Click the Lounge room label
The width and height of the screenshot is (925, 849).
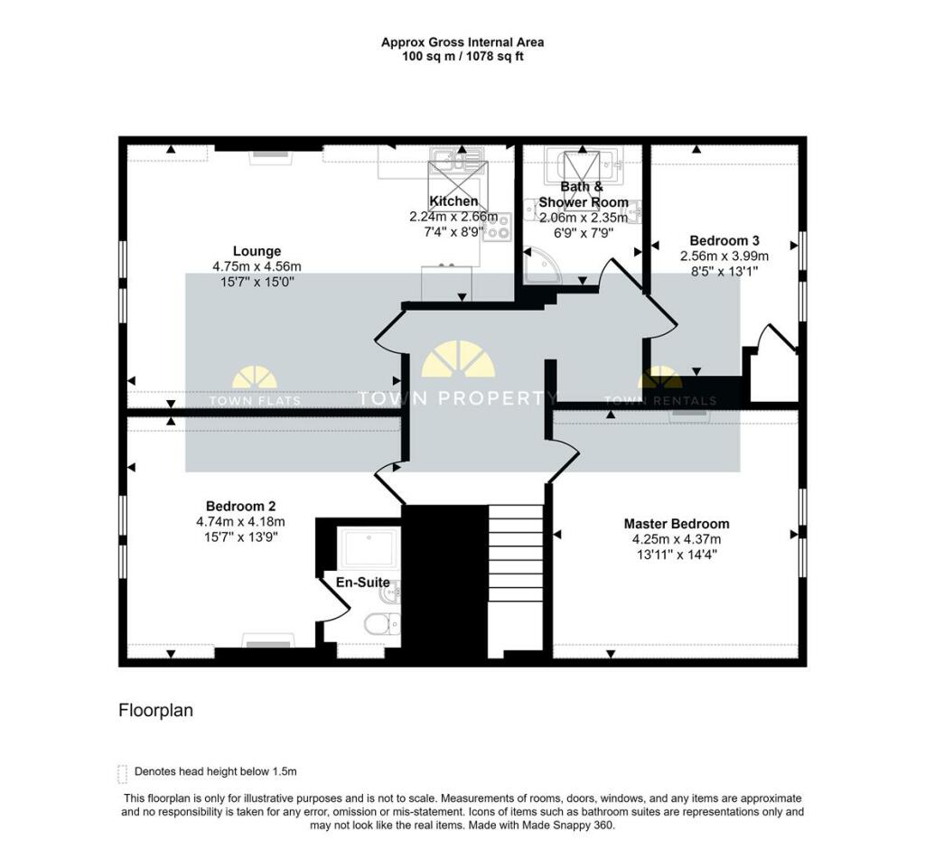(x=257, y=251)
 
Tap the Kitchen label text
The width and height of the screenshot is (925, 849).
(x=453, y=201)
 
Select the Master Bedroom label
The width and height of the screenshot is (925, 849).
(x=677, y=524)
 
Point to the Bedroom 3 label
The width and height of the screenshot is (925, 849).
(x=724, y=241)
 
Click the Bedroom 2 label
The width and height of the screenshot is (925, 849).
(x=240, y=506)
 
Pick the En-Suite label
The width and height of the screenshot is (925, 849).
(x=363, y=583)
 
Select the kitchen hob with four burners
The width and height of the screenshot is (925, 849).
(x=497, y=227)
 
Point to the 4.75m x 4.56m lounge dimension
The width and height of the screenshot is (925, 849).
(x=257, y=266)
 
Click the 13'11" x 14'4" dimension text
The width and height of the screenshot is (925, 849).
(x=677, y=555)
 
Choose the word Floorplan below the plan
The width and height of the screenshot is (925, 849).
(x=155, y=710)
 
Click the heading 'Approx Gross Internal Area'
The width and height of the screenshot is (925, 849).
(x=462, y=42)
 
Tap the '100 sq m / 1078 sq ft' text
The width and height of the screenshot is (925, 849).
(x=462, y=57)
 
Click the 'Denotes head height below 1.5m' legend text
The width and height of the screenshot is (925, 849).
(x=215, y=771)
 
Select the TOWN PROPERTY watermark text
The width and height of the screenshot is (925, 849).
(x=457, y=398)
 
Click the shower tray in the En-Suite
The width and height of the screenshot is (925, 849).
(x=369, y=548)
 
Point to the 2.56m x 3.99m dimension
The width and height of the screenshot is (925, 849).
(x=724, y=257)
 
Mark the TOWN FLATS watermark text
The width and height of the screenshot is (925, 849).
(x=255, y=401)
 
